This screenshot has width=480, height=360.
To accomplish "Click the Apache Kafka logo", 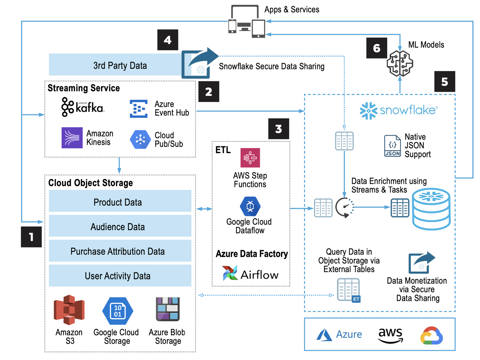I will tap(82, 107).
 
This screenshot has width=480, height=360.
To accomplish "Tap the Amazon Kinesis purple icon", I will tap(72, 138).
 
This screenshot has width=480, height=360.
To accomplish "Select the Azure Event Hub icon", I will tap(139, 109).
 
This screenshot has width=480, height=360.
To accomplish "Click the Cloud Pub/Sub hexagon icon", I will tap(140, 139).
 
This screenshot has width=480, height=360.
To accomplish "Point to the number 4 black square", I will tap(168, 40).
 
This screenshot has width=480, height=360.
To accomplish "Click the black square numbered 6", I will tap(377, 48).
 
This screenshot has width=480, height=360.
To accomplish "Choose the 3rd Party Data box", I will tap(120, 65).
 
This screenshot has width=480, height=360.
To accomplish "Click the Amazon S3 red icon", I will tap(69, 310).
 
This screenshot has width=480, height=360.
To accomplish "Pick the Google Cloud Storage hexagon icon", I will tap(117, 311).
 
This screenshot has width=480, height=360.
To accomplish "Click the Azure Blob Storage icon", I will tap(168, 309).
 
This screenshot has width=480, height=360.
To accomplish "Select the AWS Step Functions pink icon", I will tap(250, 158).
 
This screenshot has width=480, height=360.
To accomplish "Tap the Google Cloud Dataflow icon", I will tap(250, 207).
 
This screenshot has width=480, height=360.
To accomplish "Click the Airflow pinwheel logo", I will tap(230, 273).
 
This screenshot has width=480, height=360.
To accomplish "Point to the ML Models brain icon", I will tap(400, 63).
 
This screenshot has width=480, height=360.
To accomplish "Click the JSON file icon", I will tap(392, 146).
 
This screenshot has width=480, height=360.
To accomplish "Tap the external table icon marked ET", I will tap(348, 290).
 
